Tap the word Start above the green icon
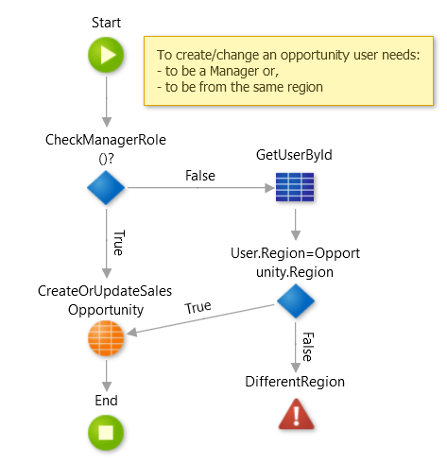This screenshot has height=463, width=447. [107, 20]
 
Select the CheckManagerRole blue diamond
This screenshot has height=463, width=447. [107, 187]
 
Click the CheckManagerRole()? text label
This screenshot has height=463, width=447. [107, 148]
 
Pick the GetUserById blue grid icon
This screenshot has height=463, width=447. [296, 187]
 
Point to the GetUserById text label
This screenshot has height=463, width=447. [296, 153]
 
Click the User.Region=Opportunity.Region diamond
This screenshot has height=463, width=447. [296, 302]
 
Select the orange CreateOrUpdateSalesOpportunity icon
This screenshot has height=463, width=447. [107, 339]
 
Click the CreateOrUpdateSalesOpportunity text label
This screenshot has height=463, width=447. [107, 300]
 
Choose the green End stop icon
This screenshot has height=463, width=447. [107, 434]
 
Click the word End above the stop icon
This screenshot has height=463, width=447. [107, 401]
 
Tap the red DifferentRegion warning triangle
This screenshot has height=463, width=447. [296, 414]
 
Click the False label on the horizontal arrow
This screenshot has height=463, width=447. [198, 176]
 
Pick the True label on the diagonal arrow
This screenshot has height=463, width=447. [198, 307]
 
